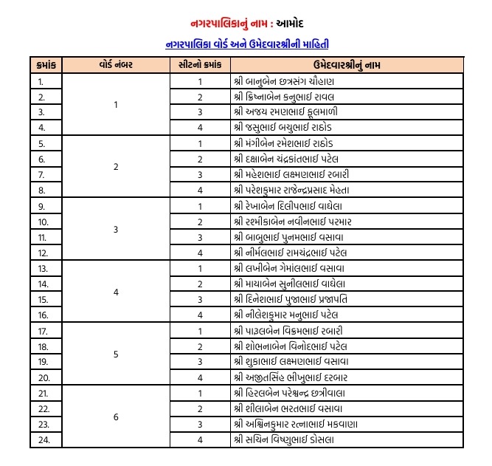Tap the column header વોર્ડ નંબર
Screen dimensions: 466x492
(116, 65)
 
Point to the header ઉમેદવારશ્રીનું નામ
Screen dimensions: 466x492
(346, 65)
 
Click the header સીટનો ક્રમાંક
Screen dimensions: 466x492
(199, 65)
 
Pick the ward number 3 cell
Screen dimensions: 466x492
(116, 229)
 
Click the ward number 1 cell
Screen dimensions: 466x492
(116, 104)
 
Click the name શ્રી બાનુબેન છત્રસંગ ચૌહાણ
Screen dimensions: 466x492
(284, 80)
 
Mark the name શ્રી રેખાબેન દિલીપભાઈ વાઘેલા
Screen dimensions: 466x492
(289, 205)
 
